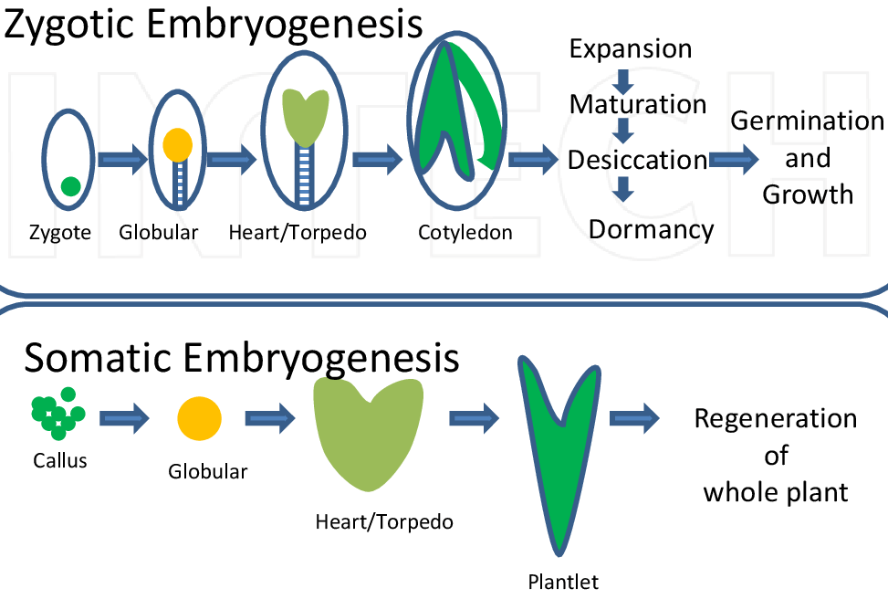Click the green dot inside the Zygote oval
coord(70,186)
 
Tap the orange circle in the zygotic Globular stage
coord(177,143)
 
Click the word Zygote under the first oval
coord(59,233)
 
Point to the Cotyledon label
coord(465,233)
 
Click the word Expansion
coord(630,48)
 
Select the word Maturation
coord(638,104)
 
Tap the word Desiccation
coord(637,160)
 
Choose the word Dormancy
coord(651,228)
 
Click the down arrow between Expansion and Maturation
coord(624,78)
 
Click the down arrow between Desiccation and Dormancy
coord(624,189)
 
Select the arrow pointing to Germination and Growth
coord(735,160)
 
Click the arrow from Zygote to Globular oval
coord(122,162)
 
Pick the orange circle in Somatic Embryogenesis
coord(199,419)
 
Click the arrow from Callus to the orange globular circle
coord(123,420)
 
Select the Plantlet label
coord(563,581)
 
